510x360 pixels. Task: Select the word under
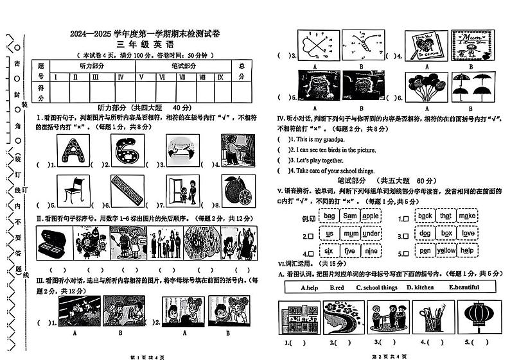click(x=371, y=234)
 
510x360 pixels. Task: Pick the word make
click(x=468, y=216)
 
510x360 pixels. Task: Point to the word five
click(x=349, y=252)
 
